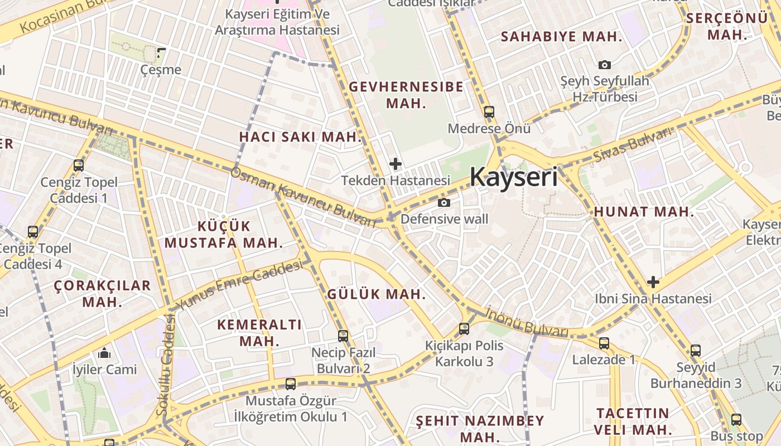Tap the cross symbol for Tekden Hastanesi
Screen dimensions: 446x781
[x=396, y=164]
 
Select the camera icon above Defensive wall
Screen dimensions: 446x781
[x=444, y=202]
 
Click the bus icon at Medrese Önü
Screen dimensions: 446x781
[x=489, y=112]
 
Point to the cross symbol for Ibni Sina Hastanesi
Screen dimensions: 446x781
[x=653, y=282]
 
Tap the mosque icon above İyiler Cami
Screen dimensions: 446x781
[x=104, y=353]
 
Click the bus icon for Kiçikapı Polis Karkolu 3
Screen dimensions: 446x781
[x=464, y=329]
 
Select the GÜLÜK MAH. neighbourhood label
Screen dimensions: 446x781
[x=377, y=294]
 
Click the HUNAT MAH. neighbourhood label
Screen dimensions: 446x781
[x=644, y=212]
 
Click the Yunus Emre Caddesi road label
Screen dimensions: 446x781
[x=240, y=285]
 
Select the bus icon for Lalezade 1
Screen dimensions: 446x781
[x=604, y=343]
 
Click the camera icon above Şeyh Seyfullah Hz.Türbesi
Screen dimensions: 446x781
[x=605, y=65]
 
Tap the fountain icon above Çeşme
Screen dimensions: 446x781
[x=161, y=54]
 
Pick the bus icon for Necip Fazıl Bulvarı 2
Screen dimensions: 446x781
[x=343, y=336]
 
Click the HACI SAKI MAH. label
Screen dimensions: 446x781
[x=301, y=137]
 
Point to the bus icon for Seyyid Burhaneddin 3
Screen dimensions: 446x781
[x=695, y=351]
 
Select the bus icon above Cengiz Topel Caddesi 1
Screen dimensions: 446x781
[x=79, y=166]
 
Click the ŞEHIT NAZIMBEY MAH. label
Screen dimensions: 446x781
[x=480, y=428]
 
